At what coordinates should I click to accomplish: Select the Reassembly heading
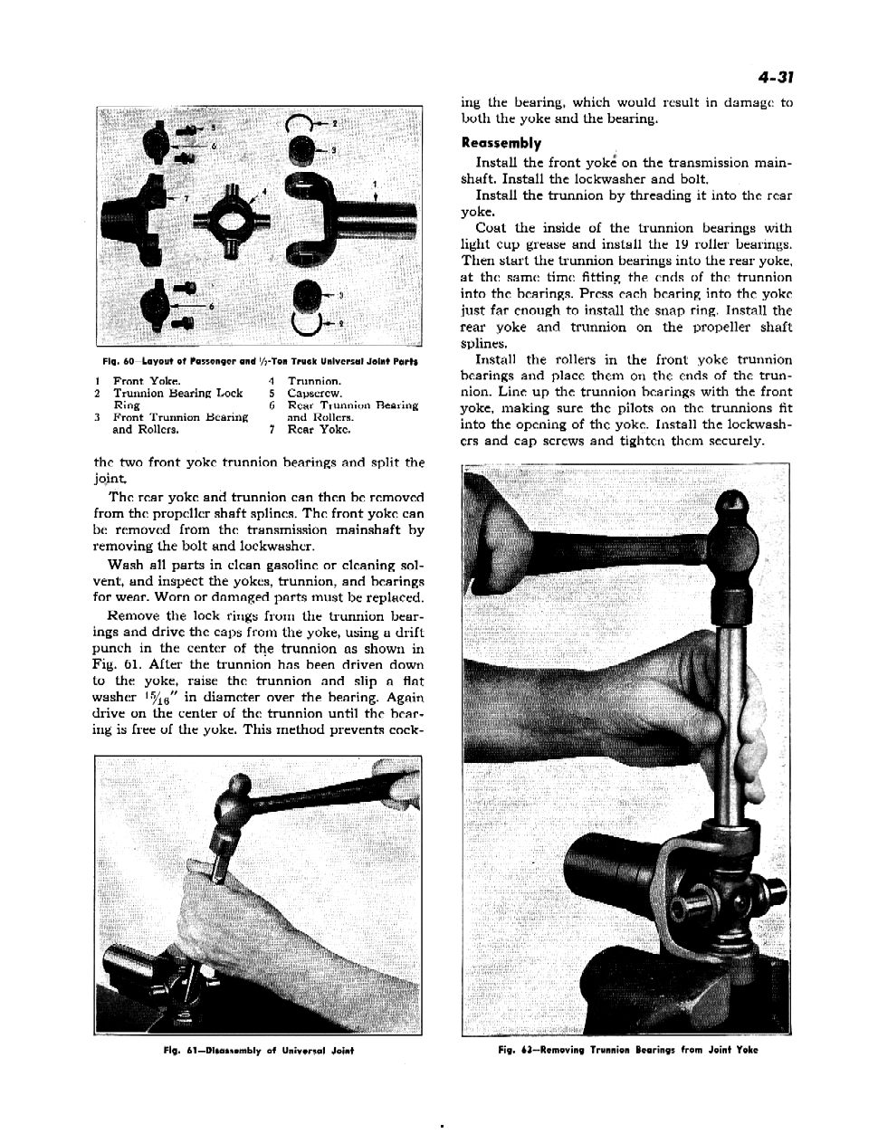[501, 143]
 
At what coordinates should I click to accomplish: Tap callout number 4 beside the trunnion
[263, 191]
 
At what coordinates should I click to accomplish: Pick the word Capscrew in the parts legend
[314, 394]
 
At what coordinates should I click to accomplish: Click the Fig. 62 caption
[627, 1050]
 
